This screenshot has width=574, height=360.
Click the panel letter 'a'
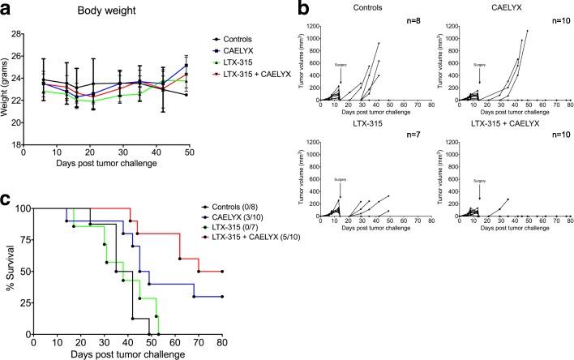tap(8, 9)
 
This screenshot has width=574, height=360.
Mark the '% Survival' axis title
tap(9, 271)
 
